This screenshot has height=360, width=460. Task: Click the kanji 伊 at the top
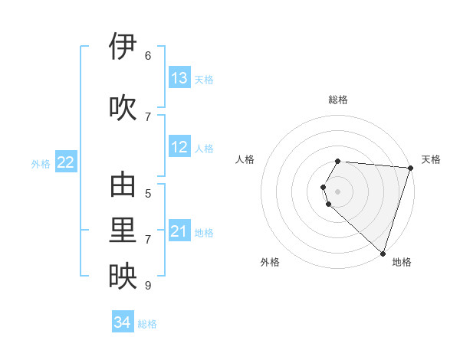pyautogui.click(x=123, y=47)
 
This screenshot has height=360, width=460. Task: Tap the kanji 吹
pyautogui.click(x=123, y=108)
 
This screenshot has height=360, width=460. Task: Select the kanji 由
pyautogui.click(x=123, y=185)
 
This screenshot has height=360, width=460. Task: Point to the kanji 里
pyautogui.click(x=123, y=231)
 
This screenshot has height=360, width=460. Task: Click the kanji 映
pyautogui.click(x=123, y=277)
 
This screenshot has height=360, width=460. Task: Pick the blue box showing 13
pyautogui.click(x=179, y=78)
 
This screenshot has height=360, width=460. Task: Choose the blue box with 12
pyautogui.click(x=179, y=147)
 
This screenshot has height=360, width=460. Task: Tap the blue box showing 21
pyautogui.click(x=179, y=231)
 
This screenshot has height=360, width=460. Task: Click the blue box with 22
pyautogui.click(x=66, y=162)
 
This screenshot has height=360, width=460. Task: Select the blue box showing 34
pyautogui.click(x=123, y=322)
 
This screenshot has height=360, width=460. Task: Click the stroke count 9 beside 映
pyautogui.click(x=148, y=286)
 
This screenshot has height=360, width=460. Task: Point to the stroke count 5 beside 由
pyautogui.click(x=148, y=194)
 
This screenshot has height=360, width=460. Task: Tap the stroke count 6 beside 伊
pyautogui.click(x=148, y=56)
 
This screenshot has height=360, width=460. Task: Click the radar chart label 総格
pyautogui.click(x=338, y=100)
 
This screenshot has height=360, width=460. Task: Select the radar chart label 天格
pyautogui.click(x=431, y=159)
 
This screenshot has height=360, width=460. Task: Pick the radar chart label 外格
pyautogui.click(x=270, y=262)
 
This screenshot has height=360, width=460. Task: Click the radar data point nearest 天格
pyautogui.click(x=410, y=168)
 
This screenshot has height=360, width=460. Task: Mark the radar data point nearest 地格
pyautogui.click(x=383, y=253)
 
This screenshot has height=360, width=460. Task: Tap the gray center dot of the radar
pyautogui.click(x=338, y=191)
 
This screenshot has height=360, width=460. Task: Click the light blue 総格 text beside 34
pyautogui.click(x=147, y=324)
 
